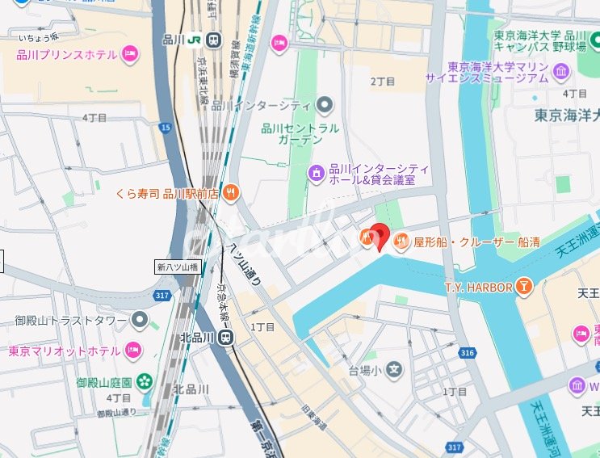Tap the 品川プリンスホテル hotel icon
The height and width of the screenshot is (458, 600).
131,55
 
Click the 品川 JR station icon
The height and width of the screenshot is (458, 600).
214,40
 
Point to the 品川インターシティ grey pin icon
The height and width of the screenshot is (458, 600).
325,105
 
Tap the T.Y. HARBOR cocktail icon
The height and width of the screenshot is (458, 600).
525,286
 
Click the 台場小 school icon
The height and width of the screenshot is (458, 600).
393,371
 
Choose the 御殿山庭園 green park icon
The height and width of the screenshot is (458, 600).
144,380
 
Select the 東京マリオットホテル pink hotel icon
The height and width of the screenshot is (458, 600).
133,351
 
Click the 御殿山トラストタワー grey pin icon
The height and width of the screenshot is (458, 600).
141,321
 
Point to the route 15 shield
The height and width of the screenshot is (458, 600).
166,127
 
